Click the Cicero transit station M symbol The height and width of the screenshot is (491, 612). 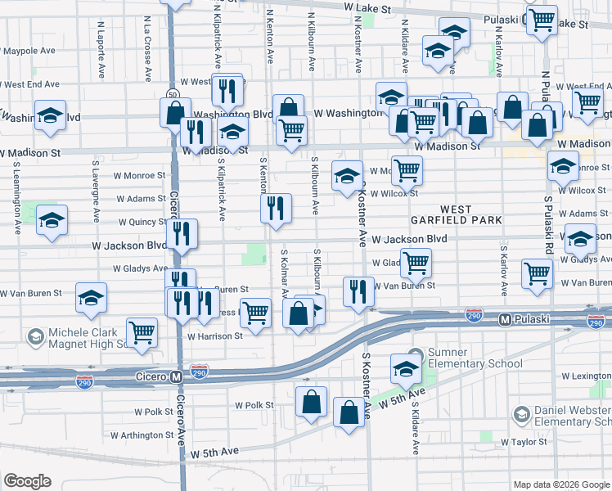coord(175,376)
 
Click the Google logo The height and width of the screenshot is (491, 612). coord(27,481)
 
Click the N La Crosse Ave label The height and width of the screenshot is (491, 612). coord(148,49)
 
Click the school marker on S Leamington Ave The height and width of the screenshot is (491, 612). coord(51,220)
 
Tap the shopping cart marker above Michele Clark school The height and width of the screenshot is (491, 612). coord(142,333)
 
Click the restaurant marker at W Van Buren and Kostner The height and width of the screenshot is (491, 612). coord(357,291)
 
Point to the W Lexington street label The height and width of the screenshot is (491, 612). coord(586,376)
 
